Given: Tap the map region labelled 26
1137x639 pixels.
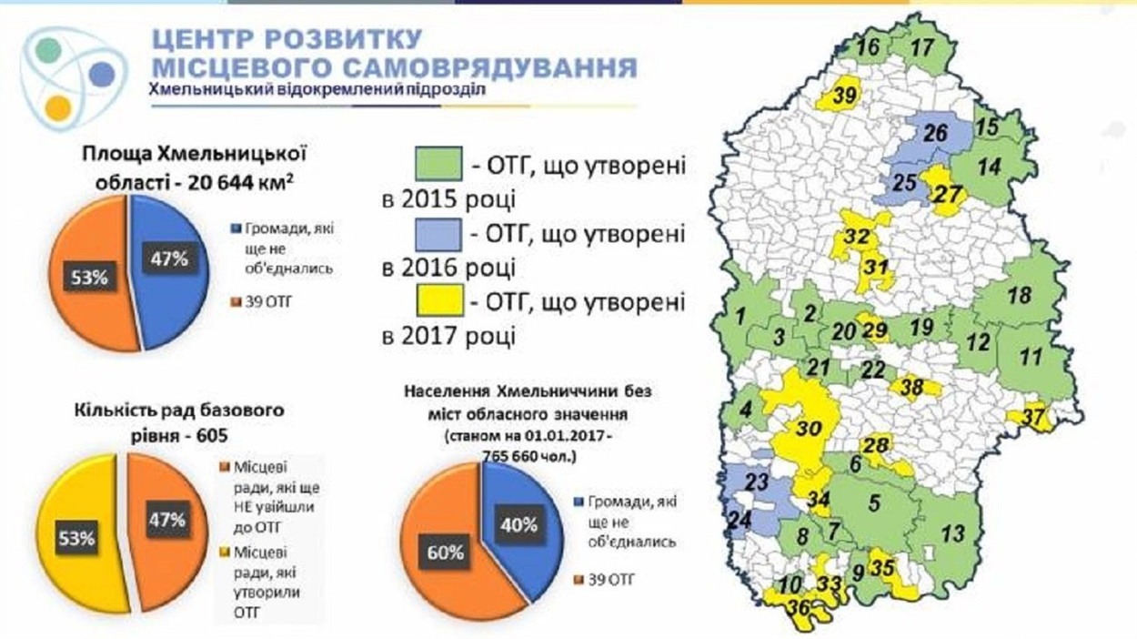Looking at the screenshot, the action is [x=935, y=133].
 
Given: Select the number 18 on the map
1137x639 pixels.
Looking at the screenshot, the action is [x=1020, y=295].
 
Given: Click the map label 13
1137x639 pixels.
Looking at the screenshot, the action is [x=952, y=533].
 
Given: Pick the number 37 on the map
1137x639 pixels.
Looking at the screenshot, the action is [x=1033, y=418].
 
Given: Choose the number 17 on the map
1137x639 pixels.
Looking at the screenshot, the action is [x=922, y=47].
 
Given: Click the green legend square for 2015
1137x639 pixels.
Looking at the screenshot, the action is [x=438, y=164].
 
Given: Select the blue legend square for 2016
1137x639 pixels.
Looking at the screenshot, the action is [x=438, y=235].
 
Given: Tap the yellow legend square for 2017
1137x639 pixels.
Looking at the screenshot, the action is [x=439, y=299].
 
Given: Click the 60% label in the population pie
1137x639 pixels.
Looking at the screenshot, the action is [x=445, y=553].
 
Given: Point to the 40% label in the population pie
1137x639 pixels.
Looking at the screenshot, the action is [x=518, y=524].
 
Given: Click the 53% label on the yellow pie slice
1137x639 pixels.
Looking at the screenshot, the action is [x=76, y=538].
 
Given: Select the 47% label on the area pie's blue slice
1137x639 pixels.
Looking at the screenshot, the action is [x=169, y=259].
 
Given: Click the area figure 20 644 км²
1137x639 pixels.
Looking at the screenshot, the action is [x=240, y=181].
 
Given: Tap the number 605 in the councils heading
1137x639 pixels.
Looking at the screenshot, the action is [x=213, y=436].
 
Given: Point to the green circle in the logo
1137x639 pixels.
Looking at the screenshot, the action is [x=49, y=51].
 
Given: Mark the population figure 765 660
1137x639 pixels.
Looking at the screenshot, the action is [x=514, y=456].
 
